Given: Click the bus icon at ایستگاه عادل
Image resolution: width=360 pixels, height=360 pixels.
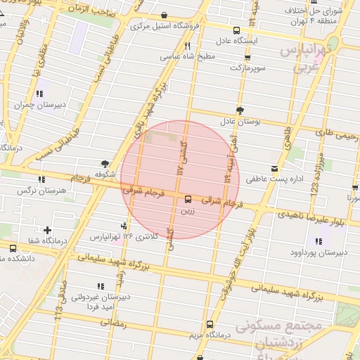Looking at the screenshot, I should point(236,30).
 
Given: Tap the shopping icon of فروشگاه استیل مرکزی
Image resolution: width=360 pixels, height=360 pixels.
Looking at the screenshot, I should point(164,14).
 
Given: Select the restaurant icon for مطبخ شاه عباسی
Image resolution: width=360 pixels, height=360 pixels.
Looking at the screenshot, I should point(188,46).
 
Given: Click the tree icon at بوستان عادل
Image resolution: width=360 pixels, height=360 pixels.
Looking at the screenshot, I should point(240,110).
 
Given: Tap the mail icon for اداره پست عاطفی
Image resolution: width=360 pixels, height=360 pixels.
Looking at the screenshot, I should point(274,169).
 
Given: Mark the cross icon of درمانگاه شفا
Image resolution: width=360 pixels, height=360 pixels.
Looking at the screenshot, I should point(46,230).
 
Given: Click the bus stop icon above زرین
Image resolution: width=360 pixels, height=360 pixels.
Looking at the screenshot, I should point(187,199).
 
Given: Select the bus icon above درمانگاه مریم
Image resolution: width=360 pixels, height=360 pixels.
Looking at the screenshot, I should point(210,324).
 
